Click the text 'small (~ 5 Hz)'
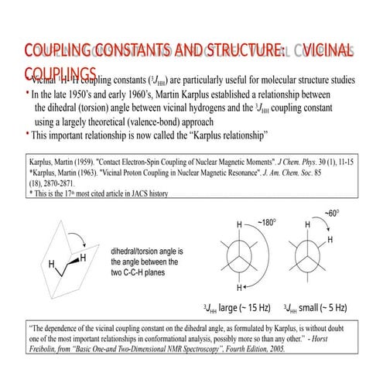tap(322, 308)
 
